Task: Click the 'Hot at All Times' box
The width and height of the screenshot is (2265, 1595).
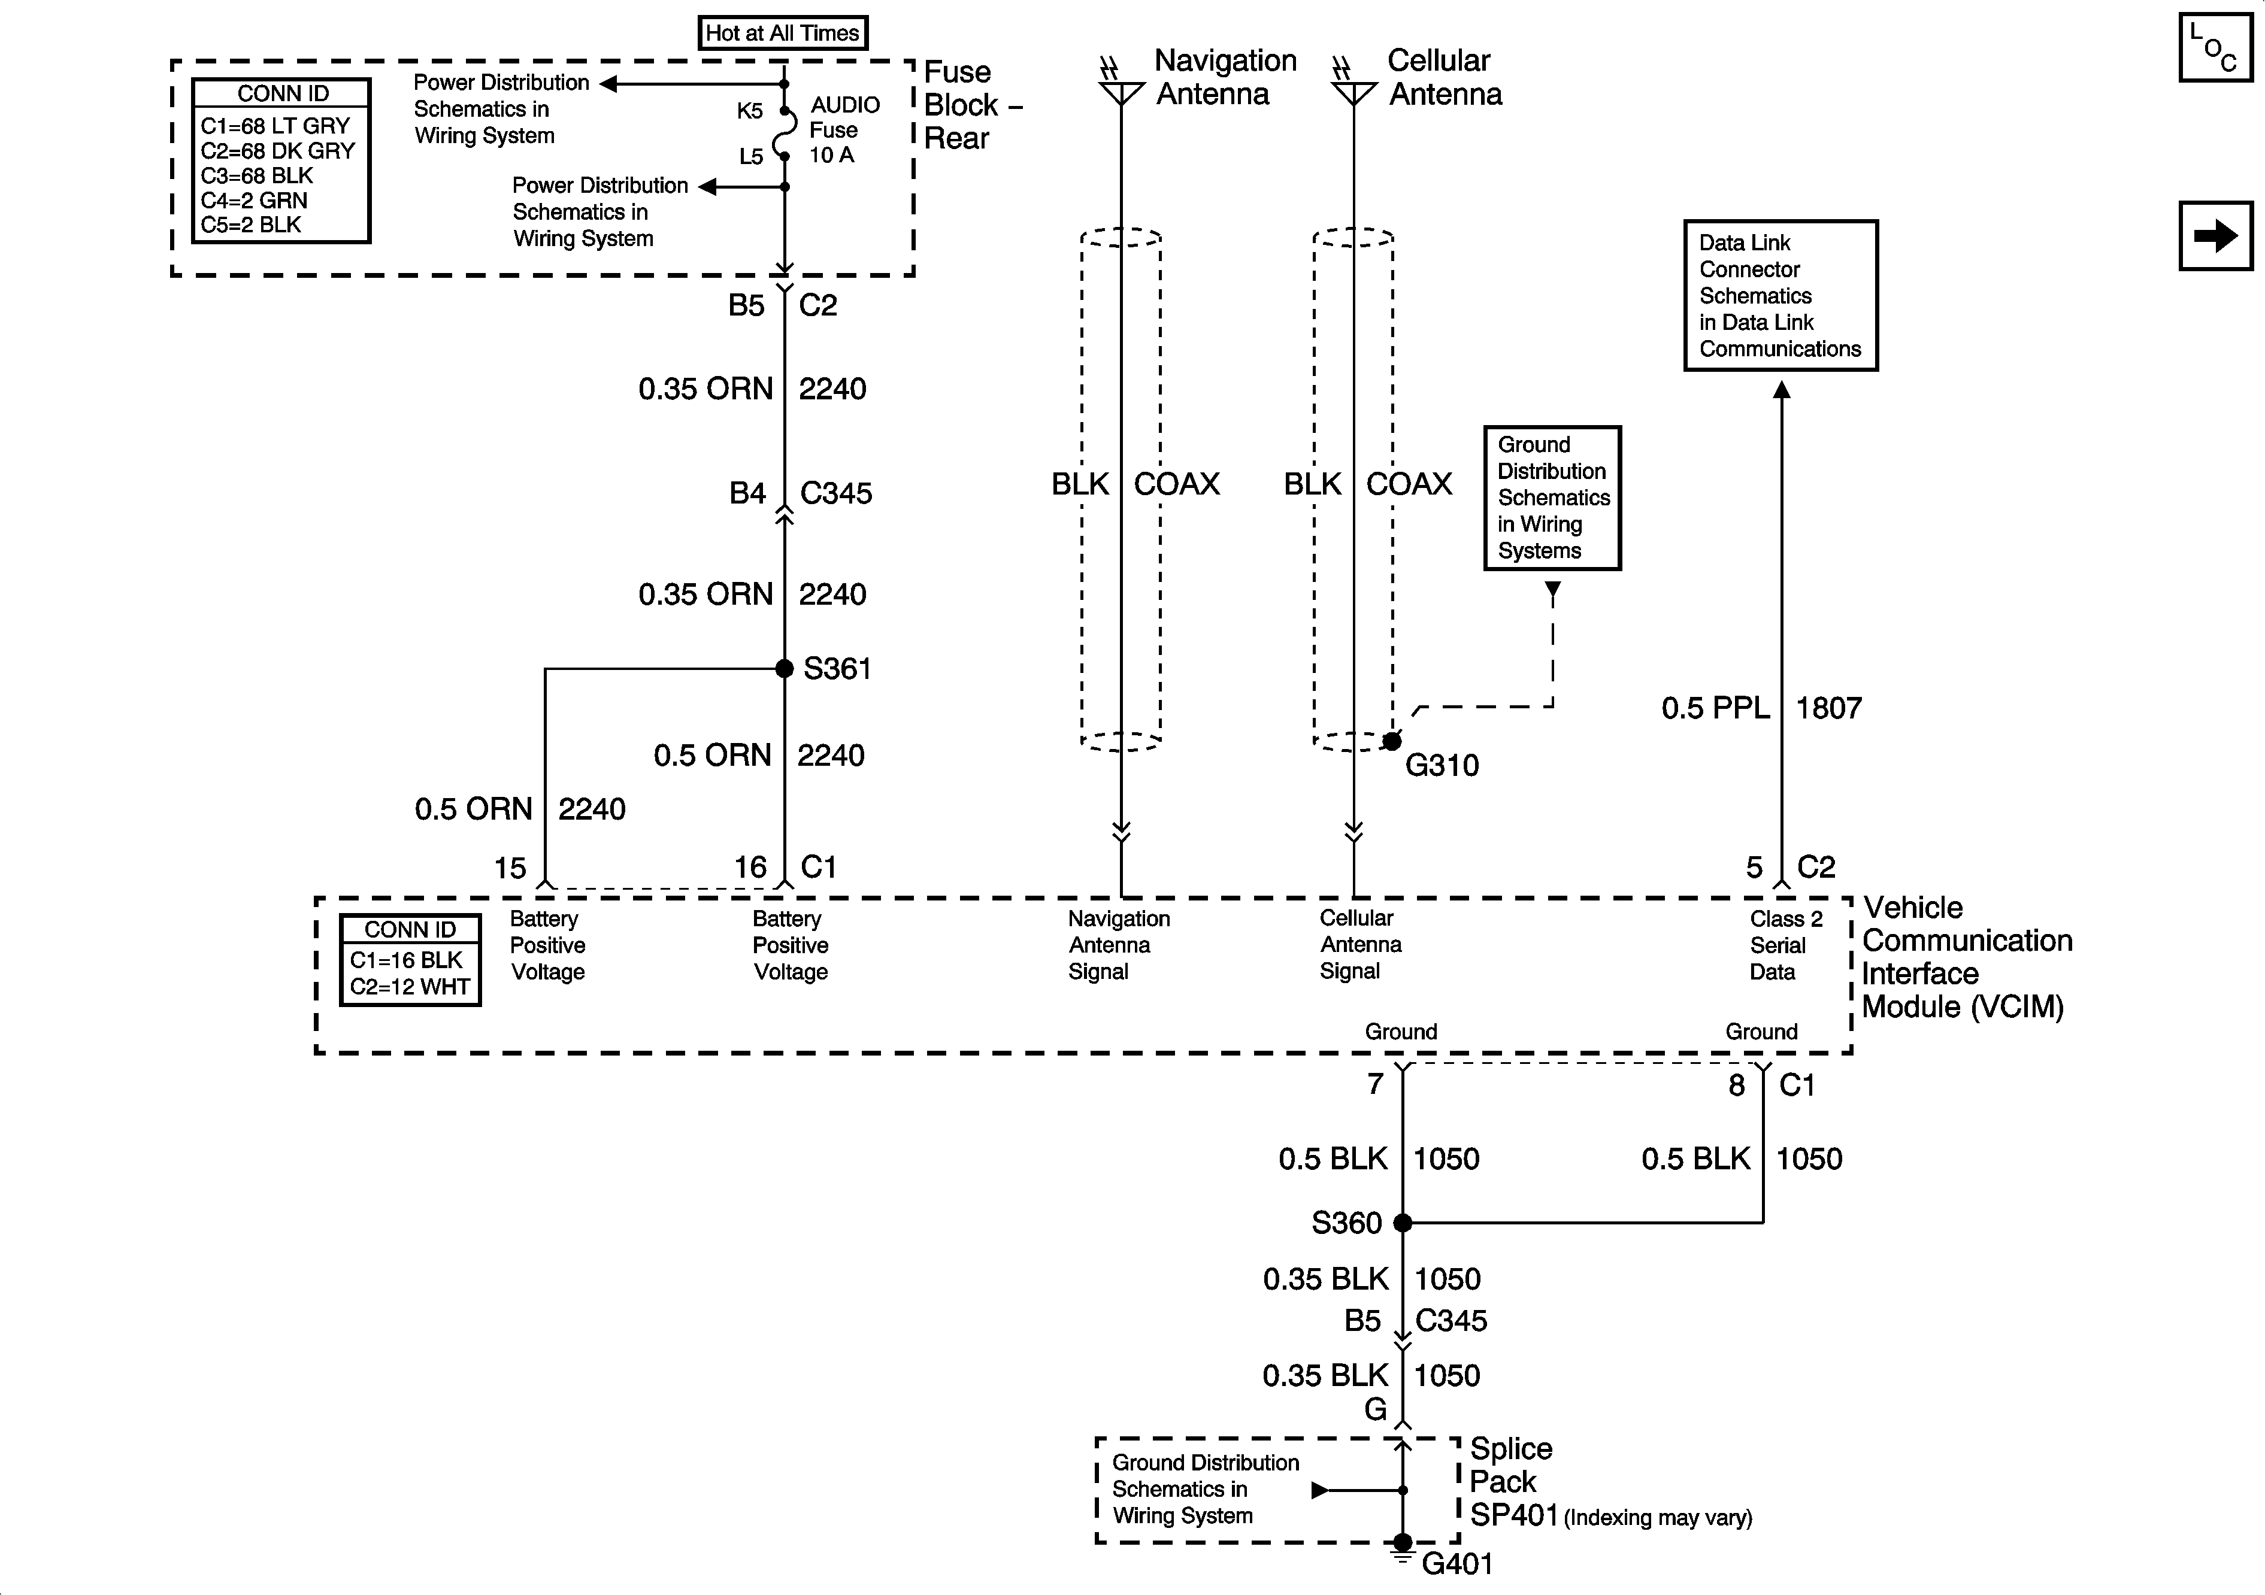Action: click(782, 32)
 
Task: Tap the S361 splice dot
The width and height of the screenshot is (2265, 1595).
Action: click(785, 669)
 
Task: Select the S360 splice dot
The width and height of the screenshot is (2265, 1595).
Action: click(1403, 1223)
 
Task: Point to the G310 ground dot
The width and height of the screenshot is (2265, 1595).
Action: click(1392, 741)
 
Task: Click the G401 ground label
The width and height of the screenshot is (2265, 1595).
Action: click(1457, 1563)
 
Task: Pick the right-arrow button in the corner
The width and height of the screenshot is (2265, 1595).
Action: click(2216, 236)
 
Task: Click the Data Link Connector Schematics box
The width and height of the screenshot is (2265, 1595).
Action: click(1780, 295)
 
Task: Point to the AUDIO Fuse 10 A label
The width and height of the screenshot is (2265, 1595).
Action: click(843, 129)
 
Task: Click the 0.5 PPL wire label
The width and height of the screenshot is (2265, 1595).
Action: click(1715, 708)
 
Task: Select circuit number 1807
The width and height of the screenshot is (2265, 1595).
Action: click(1828, 708)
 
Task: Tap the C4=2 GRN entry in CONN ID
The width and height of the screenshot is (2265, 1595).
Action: click(255, 200)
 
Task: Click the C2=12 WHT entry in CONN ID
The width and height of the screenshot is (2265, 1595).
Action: click(410, 986)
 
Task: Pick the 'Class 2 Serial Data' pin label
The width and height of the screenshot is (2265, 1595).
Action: click(1785, 945)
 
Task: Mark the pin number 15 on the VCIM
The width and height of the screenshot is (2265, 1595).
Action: click(510, 868)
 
